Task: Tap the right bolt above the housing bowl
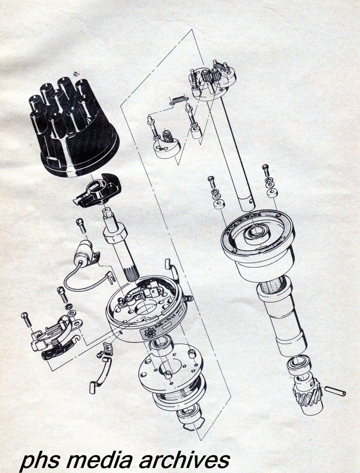(x=265, y=171)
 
